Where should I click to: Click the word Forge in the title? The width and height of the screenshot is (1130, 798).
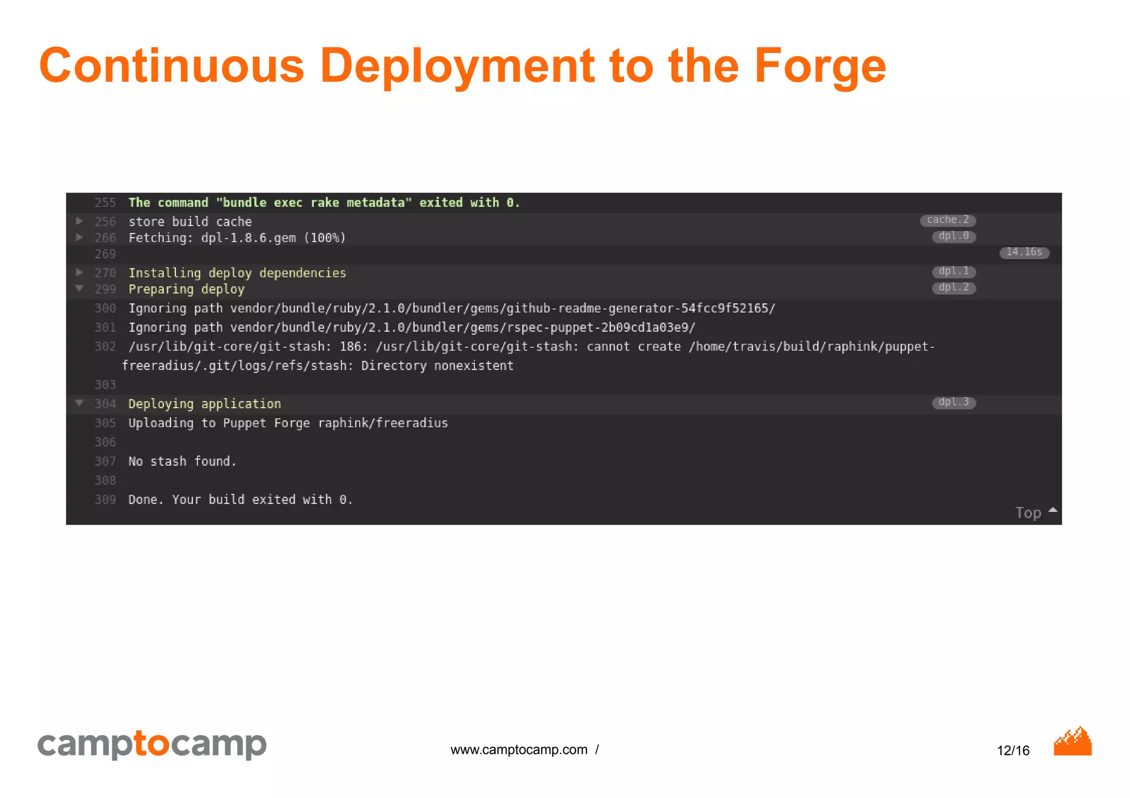(820, 66)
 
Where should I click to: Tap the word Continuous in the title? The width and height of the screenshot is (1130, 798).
(172, 66)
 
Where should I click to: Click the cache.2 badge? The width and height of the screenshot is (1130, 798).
(947, 220)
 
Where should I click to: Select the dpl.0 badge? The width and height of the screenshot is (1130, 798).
(953, 236)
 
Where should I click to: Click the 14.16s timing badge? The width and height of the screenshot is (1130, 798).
(1024, 252)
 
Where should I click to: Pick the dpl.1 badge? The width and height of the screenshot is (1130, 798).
(953, 271)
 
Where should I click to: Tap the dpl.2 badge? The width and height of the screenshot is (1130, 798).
(953, 287)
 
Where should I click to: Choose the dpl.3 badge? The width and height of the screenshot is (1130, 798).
(953, 402)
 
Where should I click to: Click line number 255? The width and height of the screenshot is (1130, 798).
(105, 203)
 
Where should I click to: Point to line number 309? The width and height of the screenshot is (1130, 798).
(105, 500)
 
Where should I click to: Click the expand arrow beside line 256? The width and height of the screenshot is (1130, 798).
(79, 221)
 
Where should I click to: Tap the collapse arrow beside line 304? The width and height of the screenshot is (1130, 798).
(79, 403)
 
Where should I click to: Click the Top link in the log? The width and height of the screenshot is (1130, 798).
(1028, 513)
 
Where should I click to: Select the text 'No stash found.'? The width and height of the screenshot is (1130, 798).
(182, 462)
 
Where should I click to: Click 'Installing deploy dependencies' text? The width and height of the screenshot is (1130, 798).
(237, 273)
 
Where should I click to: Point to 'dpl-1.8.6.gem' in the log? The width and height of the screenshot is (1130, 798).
(248, 238)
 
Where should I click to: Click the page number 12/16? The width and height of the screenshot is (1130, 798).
(1013, 751)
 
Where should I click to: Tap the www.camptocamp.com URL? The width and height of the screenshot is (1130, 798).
(519, 750)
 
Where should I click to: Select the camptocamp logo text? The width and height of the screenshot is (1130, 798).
(152, 744)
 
